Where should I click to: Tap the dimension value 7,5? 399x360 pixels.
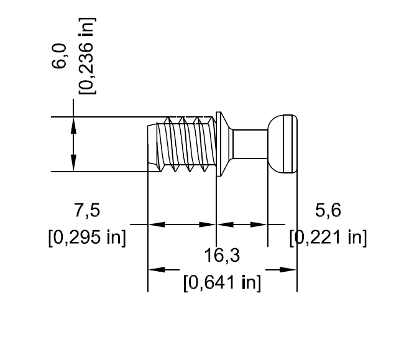tap(87, 211)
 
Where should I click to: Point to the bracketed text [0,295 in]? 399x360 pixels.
tap(87, 238)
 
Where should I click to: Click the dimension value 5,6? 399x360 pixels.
tap(328, 211)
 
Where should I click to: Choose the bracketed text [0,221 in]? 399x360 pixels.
tap(328, 238)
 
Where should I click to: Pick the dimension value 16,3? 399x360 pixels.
tap(222, 255)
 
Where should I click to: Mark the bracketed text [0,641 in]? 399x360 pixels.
tap(222, 283)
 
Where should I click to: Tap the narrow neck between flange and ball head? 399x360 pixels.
tap(252, 144)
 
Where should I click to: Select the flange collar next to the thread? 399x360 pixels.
tap(219, 144)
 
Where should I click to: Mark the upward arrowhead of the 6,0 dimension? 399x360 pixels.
tap(74, 124)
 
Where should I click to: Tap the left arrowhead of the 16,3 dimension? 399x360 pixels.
tap(155, 270)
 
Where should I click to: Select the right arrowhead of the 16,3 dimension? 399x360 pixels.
tap(288, 270)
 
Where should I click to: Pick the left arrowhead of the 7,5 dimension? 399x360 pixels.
tap(155, 224)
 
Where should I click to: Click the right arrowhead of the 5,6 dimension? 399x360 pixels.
tap(260, 224)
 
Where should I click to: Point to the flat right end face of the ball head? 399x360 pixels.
tap(296, 144)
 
